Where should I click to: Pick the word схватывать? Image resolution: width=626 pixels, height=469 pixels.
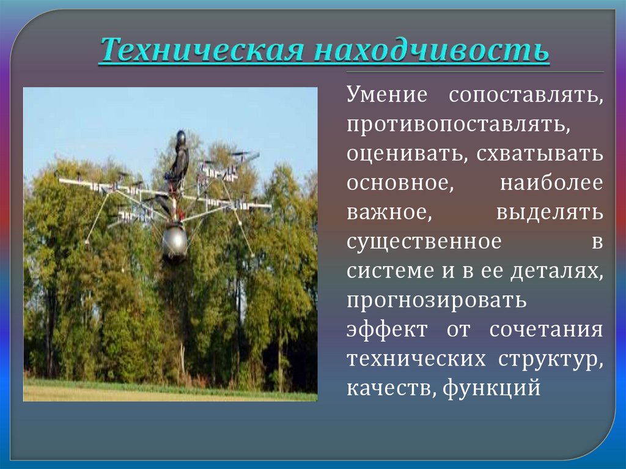click(537, 155)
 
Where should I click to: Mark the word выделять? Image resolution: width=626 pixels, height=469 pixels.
click(549, 212)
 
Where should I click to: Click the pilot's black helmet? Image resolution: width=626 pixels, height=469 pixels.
click(181, 136)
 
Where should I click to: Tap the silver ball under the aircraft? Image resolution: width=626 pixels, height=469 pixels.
click(174, 241)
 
